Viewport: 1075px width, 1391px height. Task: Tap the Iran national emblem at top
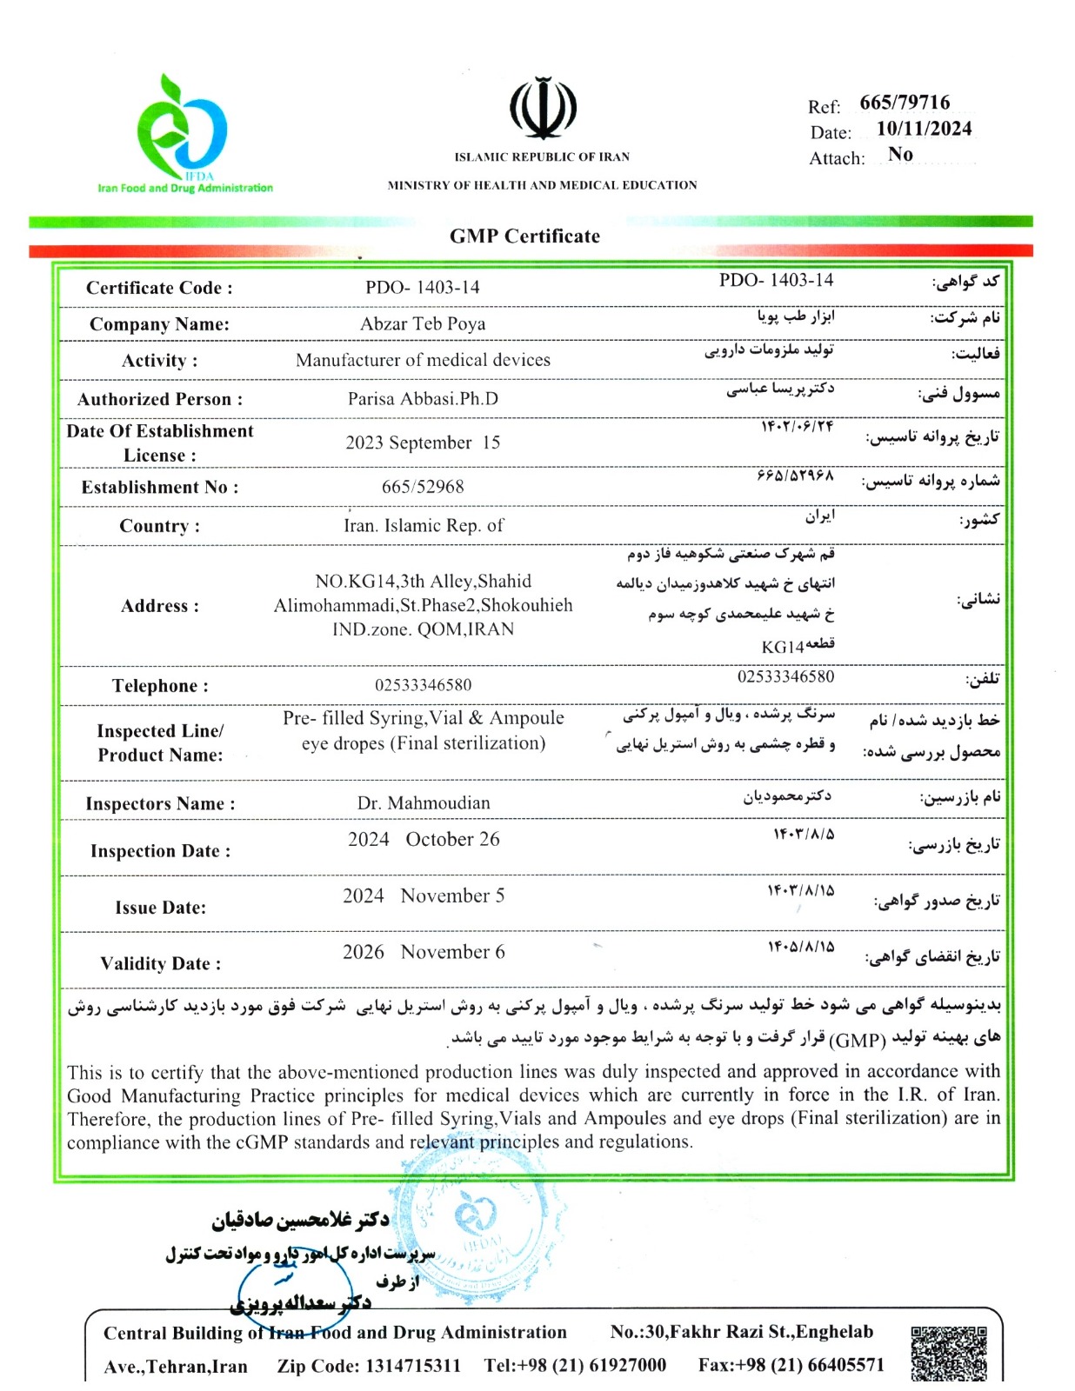coord(543,110)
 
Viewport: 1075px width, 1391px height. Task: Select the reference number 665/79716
coord(905,103)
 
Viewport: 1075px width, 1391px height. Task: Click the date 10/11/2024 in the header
coord(924,129)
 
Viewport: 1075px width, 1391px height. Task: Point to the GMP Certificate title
coord(524,236)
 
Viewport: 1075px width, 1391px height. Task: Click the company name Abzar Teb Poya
coord(423,324)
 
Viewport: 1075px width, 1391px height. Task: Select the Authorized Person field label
coord(160,400)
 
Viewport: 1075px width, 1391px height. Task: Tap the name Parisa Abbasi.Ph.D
coord(423,399)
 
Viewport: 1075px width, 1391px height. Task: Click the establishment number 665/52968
coord(423,487)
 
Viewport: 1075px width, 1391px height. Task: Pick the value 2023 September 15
coord(423,443)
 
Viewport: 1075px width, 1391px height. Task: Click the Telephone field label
coord(160,686)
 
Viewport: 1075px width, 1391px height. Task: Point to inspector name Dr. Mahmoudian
coord(424,803)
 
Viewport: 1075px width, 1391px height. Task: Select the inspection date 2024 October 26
coord(424,840)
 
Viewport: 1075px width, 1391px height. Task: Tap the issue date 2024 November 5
coord(424,896)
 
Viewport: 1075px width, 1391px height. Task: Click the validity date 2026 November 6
coord(424,953)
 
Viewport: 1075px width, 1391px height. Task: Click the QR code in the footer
coord(948,1353)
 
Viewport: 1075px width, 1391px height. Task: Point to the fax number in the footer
coord(791,1366)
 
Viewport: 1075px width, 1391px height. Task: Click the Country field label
coord(160,527)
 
